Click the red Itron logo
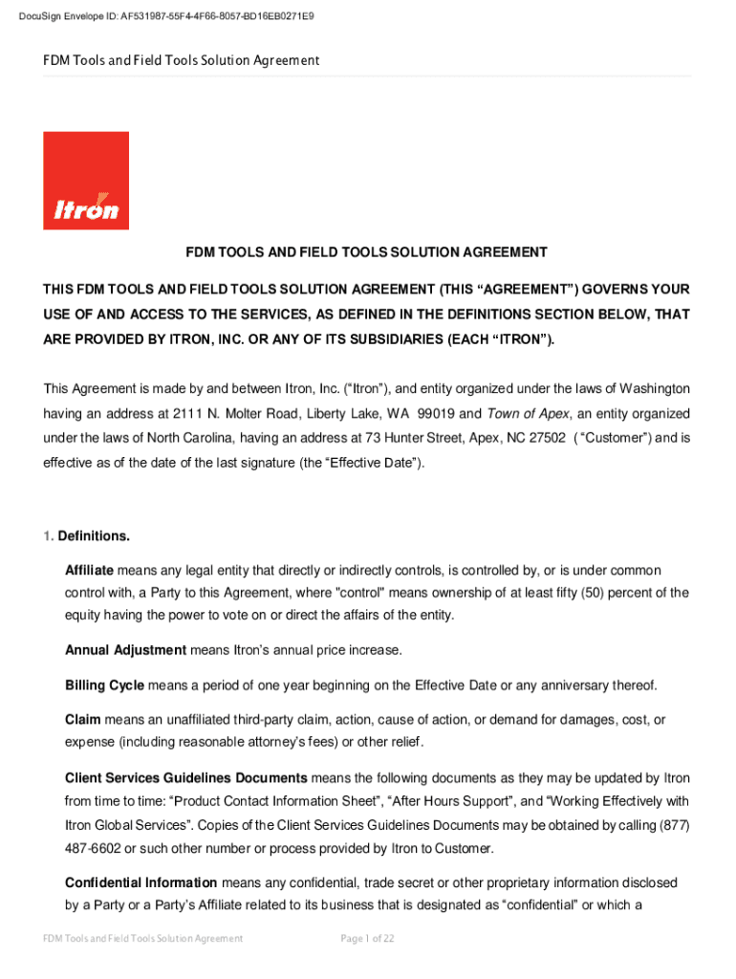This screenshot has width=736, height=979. [x=86, y=181]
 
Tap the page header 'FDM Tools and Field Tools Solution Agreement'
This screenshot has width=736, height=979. [x=181, y=60]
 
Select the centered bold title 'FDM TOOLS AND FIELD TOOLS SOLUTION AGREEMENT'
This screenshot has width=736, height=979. [x=366, y=252]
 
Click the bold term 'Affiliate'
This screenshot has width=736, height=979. [x=89, y=570]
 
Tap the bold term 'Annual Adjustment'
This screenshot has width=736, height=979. [x=125, y=650]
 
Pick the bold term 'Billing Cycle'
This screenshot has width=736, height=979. [x=104, y=685]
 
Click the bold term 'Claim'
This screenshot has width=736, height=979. [x=82, y=719]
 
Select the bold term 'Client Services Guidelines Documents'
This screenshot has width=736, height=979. [x=185, y=777]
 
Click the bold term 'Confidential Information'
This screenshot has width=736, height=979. [x=141, y=881]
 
